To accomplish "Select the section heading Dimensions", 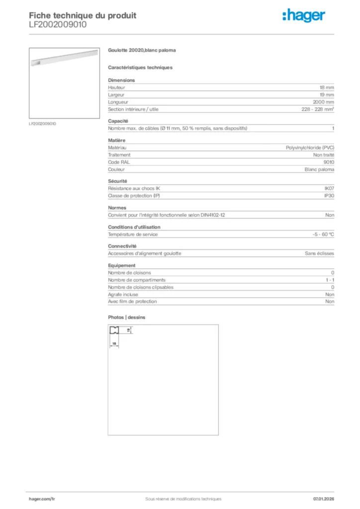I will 121,80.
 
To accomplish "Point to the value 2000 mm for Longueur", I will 323,102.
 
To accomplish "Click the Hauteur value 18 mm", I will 327,87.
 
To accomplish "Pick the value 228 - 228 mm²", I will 318,109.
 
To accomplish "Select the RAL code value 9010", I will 329,162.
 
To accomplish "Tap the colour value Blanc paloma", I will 319,170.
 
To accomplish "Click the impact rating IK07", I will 329,188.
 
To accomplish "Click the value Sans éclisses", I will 320,254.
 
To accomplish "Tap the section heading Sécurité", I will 118,181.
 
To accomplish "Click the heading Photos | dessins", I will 127,317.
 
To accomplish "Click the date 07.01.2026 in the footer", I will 323,499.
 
